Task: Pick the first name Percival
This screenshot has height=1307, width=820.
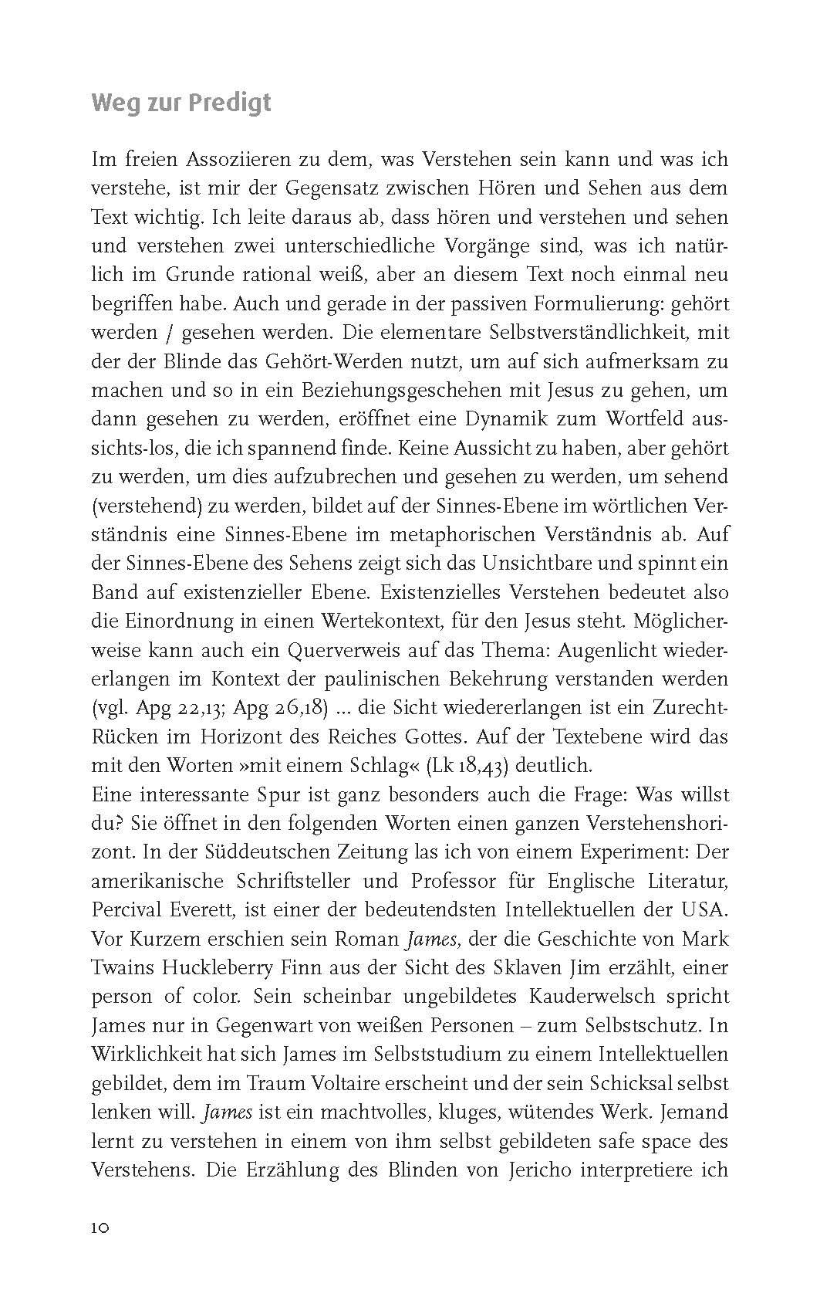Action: (x=131, y=909)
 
